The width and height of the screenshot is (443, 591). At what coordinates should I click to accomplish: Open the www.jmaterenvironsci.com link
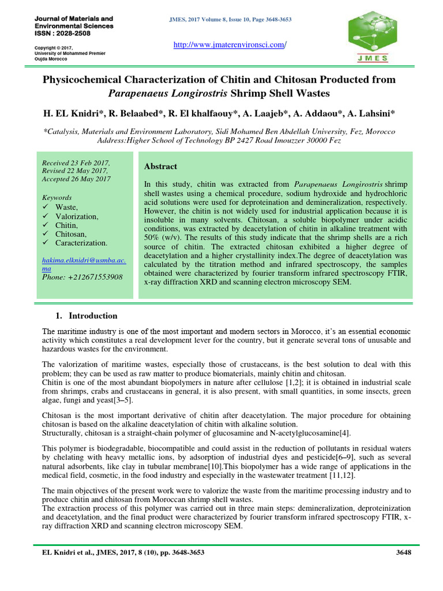(x=230, y=45)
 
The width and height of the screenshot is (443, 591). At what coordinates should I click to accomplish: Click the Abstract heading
(x=160, y=166)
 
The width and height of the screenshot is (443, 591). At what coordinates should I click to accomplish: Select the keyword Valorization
(x=77, y=216)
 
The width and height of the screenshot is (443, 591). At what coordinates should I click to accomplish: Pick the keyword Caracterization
(x=81, y=243)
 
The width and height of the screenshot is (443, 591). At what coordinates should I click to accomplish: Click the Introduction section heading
(x=93, y=316)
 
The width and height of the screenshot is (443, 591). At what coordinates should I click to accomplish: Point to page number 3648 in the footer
(x=403, y=552)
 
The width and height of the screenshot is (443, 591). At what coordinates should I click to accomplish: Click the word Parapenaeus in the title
(x=145, y=92)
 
